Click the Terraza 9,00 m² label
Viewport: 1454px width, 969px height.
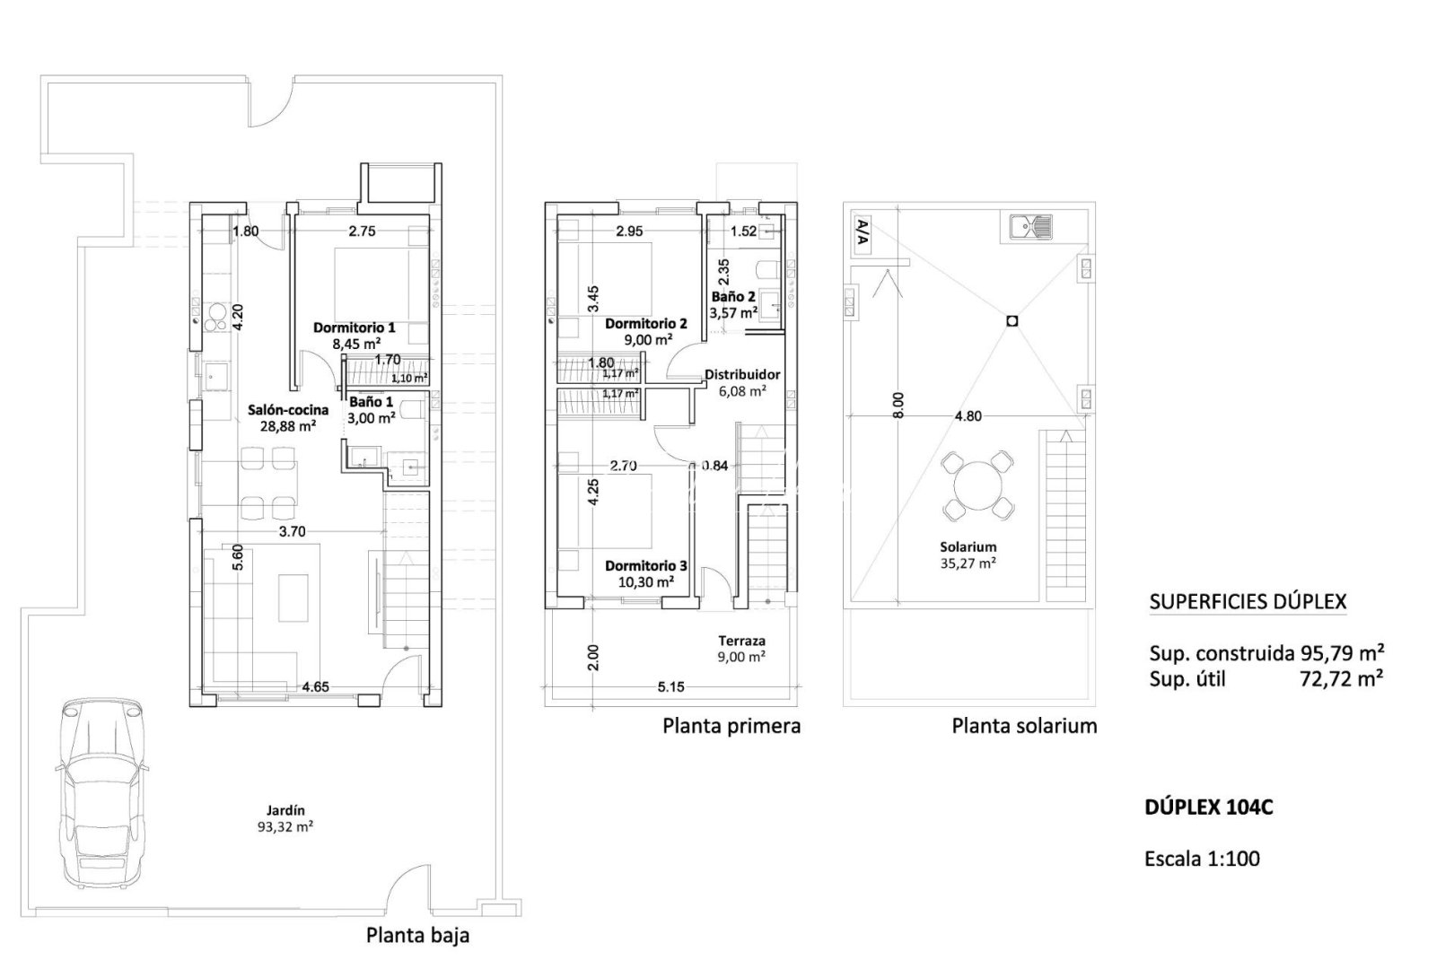point(741,648)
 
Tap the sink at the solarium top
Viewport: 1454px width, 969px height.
point(1031,227)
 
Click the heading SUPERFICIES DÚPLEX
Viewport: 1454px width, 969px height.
point(1248,601)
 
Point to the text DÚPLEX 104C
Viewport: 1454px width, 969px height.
point(1208,807)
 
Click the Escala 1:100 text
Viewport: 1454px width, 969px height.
point(1202,859)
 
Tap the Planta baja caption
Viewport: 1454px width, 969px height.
point(417,935)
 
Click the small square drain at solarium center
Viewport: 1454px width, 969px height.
point(1012,319)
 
